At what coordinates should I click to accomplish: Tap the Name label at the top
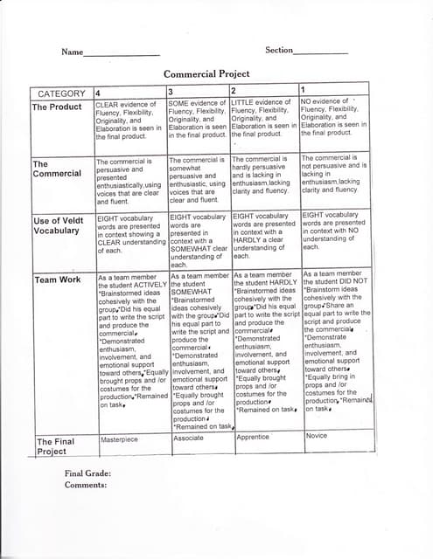[71, 52]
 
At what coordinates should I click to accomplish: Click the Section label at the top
[279, 51]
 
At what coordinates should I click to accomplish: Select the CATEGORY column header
[61, 93]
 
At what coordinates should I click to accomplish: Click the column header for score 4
[98, 93]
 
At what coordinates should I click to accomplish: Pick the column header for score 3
[171, 93]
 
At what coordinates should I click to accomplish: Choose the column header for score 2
[234, 92]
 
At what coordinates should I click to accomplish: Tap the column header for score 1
[303, 91]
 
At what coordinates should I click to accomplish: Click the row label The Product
[57, 107]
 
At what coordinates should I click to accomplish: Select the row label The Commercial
[57, 168]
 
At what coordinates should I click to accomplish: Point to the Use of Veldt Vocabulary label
[60, 225]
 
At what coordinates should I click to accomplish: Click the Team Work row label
[58, 279]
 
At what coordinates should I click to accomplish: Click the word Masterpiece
[120, 441]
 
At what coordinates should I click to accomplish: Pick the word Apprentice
[253, 437]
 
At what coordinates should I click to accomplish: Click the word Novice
[317, 435]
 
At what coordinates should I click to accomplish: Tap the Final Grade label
[87, 473]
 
